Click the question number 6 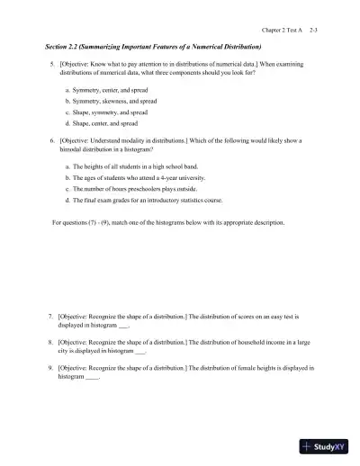51,142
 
